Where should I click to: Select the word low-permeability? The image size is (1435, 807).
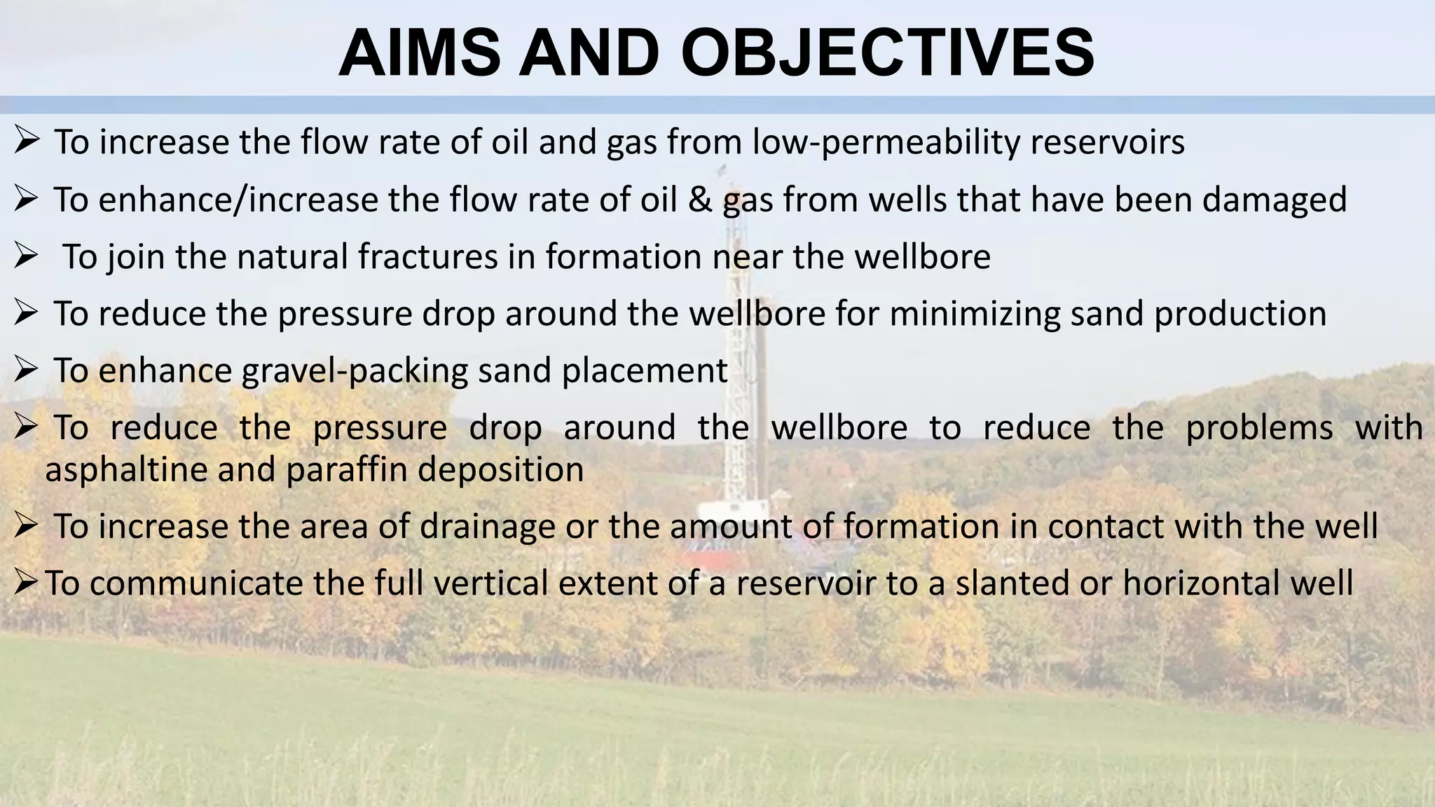[x=886, y=142]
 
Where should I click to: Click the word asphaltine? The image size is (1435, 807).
[x=126, y=470]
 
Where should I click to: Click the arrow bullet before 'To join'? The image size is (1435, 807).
[x=25, y=257]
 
